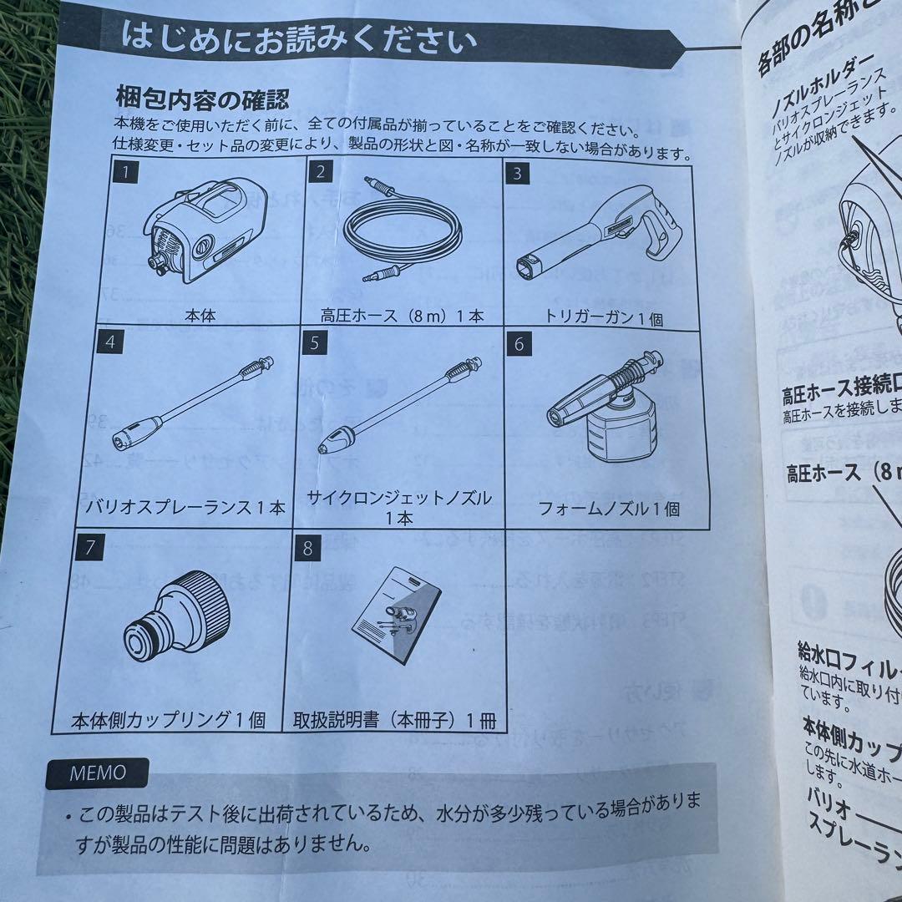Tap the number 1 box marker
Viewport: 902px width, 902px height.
coord(124,173)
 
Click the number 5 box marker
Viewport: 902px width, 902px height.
coord(314,342)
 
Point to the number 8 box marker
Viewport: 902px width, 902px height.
coord(307,549)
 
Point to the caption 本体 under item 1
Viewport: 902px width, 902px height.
coord(201,317)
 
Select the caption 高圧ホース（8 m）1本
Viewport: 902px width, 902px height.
coord(402,317)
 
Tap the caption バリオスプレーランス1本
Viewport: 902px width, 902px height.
coord(185,507)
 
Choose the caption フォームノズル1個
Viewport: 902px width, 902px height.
coord(607,509)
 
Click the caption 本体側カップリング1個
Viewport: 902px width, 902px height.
coord(170,719)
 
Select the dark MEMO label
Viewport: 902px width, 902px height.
coord(98,773)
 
